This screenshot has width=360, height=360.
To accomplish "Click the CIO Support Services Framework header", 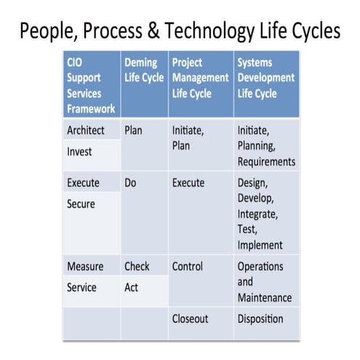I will [89, 85].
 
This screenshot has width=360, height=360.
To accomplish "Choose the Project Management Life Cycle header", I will [200, 77].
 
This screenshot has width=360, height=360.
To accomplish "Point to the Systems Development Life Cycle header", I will [265, 77].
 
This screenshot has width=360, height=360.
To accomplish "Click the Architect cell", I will [86, 131].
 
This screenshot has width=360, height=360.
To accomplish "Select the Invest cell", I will [81, 152].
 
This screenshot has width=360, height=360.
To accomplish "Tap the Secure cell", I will [81, 204].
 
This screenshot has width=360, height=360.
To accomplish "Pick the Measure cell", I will [85, 266].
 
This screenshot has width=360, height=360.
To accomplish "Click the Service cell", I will [81, 287].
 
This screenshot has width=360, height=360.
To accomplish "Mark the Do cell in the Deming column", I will [131, 183].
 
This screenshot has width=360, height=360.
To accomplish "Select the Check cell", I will [137, 266].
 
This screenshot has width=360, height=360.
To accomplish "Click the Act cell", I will [131, 287].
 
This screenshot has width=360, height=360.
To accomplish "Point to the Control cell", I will [188, 266].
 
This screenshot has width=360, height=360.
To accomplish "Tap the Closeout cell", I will [191, 319].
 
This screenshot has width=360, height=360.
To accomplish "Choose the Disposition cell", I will [260, 319].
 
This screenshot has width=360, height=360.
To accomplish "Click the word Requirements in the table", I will [266, 161].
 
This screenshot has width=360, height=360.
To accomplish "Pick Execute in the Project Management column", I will [188, 183].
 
